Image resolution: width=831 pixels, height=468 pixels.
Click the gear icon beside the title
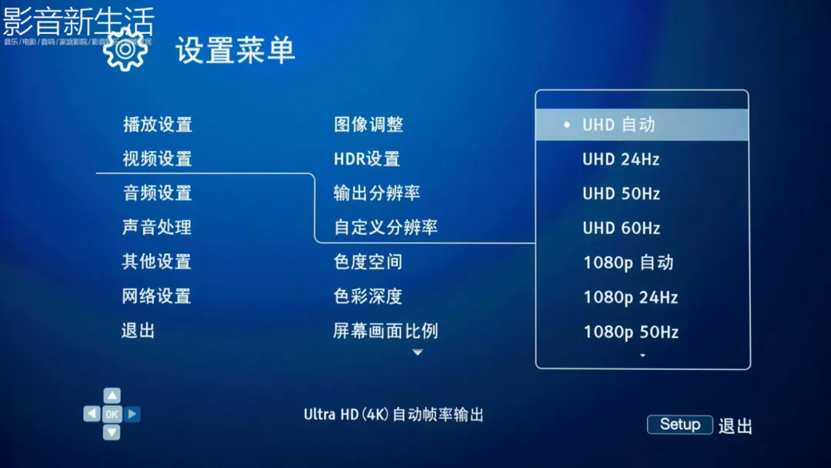click(125, 50)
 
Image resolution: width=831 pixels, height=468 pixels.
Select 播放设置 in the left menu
click(157, 125)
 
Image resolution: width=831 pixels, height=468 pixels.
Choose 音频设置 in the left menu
click(157, 193)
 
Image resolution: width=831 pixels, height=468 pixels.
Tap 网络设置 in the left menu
click(157, 296)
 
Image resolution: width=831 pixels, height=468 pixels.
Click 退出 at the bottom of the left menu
click(138, 331)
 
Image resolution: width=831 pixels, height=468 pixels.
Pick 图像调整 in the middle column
click(369, 125)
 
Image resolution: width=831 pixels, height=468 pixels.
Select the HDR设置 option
click(367, 159)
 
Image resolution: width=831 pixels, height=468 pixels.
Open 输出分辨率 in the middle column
click(377, 193)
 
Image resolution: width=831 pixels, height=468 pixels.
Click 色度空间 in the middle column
click(369, 262)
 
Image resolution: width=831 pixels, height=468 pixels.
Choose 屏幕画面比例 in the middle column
click(385, 331)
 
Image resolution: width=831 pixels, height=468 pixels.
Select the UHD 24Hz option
click(621, 159)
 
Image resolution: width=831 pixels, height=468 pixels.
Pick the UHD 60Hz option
click(621, 228)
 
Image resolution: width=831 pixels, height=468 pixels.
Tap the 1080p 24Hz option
click(630, 297)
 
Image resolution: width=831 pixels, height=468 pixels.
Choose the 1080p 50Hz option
click(630, 332)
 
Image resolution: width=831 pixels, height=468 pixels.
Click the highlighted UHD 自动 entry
click(619, 125)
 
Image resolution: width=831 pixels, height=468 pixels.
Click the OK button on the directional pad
click(112, 414)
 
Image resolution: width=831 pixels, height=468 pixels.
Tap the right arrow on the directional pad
click(132, 414)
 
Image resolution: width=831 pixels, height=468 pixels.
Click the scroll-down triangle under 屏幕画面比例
click(418, 353)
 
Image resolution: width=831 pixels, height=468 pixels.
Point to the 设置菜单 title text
click(235, 51)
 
